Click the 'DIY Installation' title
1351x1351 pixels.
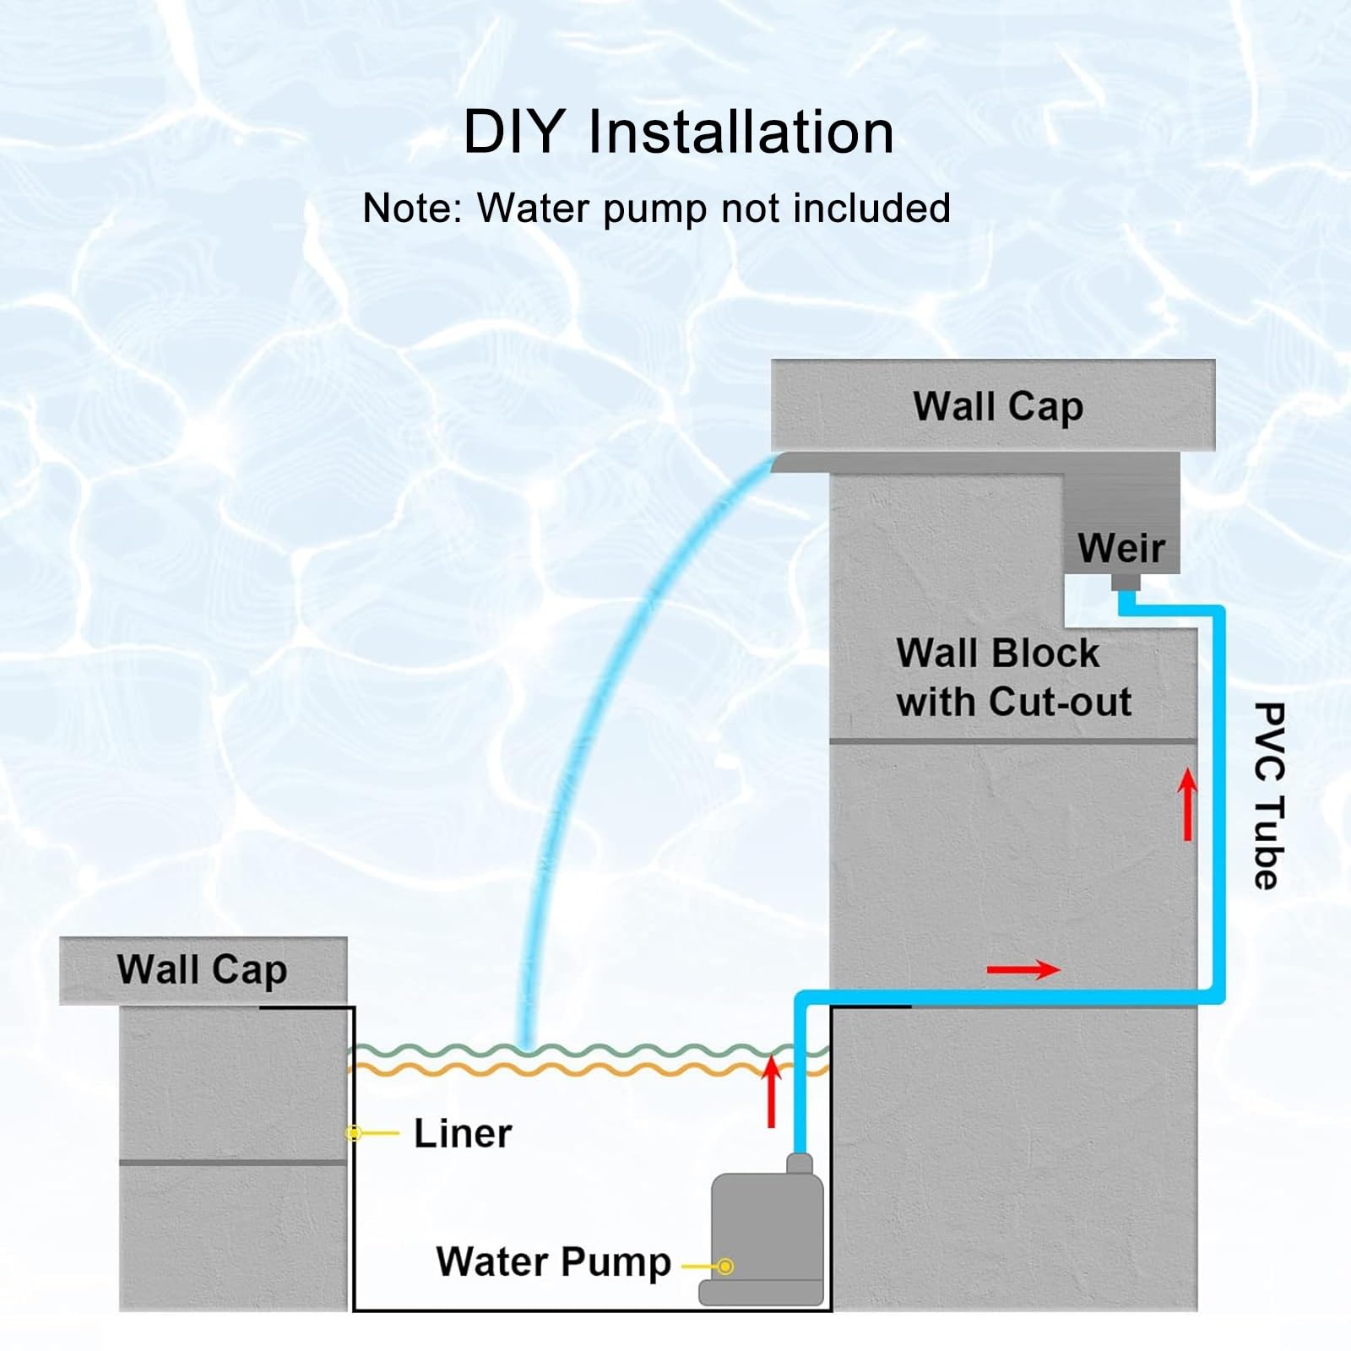[x=678, y=132]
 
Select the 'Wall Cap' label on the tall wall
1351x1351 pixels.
[x=998, y=407]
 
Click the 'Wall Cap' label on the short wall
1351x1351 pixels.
[x=202, y=969]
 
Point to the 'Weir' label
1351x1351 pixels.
[x=1121, y=548]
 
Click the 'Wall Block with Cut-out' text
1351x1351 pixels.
[x=1013, y=677]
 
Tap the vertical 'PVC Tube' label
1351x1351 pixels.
[x=1268, y=795]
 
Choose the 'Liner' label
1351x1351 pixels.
[x=463, y=1133]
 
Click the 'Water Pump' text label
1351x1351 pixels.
[x=554, y=1261]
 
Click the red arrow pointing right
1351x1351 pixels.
[x=1023, y=969]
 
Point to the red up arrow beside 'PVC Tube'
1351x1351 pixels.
[x=1188, y=804]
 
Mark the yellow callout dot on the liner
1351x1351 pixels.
[x=355, y=1132]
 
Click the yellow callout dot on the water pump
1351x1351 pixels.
[x=724, y=1267]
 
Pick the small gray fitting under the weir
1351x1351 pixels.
[x=1126, y=582]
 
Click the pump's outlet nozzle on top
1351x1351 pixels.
[x=800, y=1163]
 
